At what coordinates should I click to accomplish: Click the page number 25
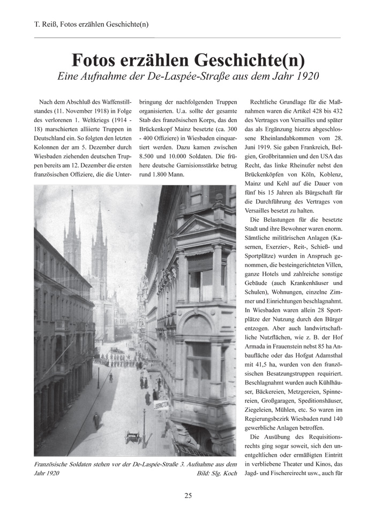coord(188,495)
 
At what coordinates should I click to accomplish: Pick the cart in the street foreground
coord(132,437)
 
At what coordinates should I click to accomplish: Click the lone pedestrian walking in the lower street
coord(96,420)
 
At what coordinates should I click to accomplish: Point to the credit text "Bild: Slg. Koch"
coord(216,473)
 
